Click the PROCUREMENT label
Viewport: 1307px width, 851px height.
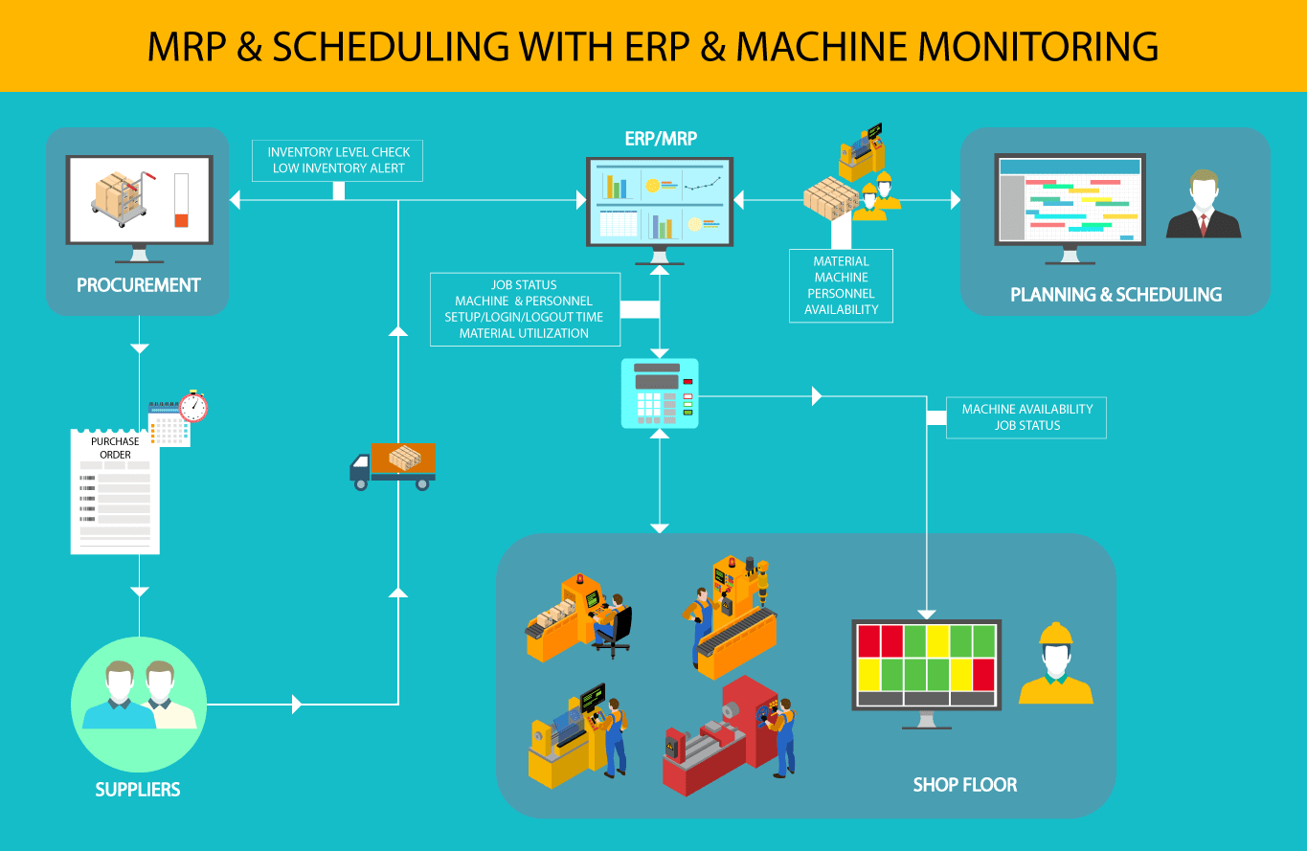[x=138, y=285]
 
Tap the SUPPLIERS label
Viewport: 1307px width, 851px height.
[x=138, y=790]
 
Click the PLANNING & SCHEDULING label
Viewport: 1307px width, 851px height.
[x=1115, y=295]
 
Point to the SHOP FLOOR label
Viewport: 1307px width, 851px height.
[x=964, y=785]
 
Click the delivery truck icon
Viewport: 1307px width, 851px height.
[x=393, y=466]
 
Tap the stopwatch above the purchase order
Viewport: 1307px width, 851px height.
[x=193, y=406]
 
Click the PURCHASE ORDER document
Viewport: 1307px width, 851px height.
[x=115, y=490]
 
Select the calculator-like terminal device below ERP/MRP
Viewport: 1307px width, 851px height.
[x=660, y=392]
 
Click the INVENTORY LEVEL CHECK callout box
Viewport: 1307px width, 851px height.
[x=338, y=160]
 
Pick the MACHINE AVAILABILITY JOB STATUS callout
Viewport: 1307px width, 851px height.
[x=1026, y=417]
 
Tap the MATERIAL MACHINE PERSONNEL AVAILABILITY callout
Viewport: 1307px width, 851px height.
[x=841, y=285]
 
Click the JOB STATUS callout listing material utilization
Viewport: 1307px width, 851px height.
[x=524, y=308]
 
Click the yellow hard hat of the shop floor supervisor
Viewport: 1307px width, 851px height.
[x=1056, y=633]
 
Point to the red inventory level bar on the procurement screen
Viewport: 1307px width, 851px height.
[x=181, y=219]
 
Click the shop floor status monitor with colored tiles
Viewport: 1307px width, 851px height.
[x=926, y=666]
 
